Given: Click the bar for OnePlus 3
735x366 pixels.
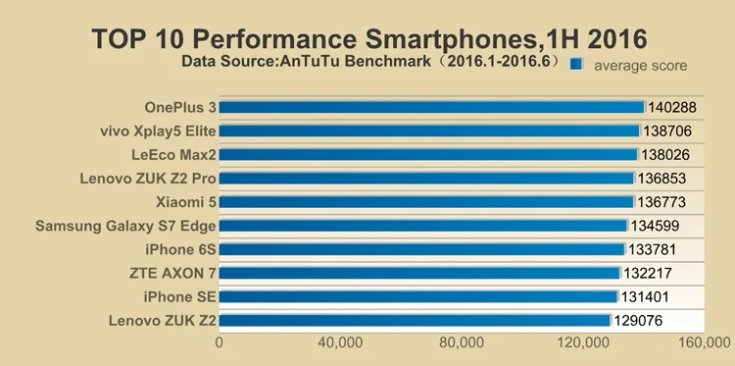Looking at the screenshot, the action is [432, 108].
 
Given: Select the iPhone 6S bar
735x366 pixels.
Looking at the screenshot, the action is [421, 249].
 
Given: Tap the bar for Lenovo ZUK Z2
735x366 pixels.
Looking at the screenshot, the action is [415, 321].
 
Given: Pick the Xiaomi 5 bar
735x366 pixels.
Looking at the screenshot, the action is [426, 202].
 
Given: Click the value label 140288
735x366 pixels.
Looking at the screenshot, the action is [672, 108].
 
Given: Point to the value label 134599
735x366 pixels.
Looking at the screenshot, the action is [655, 226].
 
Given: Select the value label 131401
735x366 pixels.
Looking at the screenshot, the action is [645, 296].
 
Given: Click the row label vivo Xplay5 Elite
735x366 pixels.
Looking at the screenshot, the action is [158, 131].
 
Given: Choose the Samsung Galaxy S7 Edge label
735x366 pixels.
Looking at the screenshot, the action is [125, 226].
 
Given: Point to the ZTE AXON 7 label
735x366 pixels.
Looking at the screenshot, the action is [172, 273].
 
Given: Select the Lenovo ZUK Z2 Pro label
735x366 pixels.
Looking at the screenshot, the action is [148, 179].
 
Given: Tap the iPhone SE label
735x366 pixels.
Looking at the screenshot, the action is [180, 296].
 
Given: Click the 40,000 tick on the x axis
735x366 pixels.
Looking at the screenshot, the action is [340, 342].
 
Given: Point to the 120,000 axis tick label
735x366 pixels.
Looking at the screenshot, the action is [583, 342].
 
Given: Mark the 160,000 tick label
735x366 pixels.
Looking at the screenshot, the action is [705, 342].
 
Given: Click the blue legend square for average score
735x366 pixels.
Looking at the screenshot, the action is [576, 65].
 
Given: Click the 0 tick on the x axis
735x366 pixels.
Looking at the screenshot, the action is [219, 342].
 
